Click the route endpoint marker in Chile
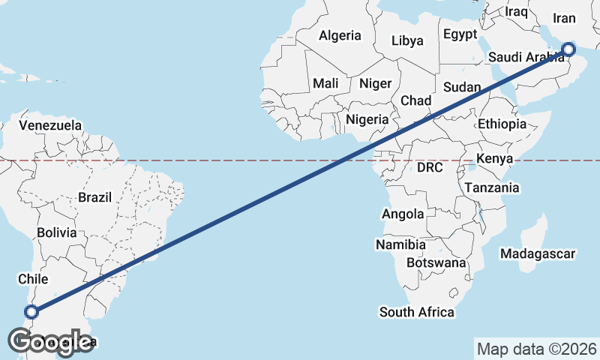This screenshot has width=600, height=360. (31, 311)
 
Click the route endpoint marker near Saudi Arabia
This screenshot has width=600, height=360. (568, 49)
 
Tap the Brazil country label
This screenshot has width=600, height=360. (94, 198)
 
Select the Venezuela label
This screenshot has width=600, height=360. (50, 124)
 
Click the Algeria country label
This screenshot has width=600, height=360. (340, 35)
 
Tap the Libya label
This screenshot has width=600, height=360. (407, 40)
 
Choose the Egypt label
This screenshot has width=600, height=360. (460, 34)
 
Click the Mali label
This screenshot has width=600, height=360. (327, 83)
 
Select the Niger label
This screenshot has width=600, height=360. (375, 83)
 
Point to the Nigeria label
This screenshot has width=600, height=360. (367, 119)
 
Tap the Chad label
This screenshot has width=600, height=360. (416, 100)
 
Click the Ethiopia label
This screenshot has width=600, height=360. (502, 124)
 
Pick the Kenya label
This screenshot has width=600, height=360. (494, 159)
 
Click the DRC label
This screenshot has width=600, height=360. (430, 166)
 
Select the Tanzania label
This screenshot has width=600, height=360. (492, 187)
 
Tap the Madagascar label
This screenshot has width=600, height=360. (538, 254)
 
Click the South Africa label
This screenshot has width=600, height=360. (417, 312)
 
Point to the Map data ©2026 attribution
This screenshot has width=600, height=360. (537, 349)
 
